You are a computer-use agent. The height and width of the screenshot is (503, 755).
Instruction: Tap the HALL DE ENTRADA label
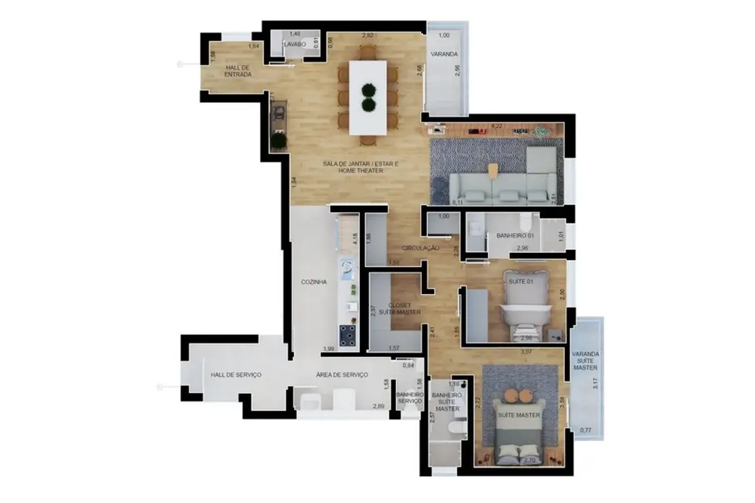pos(238,71)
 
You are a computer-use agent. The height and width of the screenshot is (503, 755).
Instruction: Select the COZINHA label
pos(313,282)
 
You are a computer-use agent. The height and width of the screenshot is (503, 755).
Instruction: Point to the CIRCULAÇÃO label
pos(421,248)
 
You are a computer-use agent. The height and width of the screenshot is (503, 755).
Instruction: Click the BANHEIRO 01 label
pos(515,235)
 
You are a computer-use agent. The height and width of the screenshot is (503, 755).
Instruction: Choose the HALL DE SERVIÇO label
pos(236,375)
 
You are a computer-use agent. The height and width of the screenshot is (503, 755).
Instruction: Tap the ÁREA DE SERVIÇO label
pos(341,375)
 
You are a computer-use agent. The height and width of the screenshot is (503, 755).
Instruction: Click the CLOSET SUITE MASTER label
pos(404,309)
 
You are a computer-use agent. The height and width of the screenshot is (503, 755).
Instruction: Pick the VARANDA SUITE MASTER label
pos(586,361)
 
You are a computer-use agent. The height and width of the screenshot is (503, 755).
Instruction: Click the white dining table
pos(369,97)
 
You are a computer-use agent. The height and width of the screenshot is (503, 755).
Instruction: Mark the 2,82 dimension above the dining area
pos(368,36)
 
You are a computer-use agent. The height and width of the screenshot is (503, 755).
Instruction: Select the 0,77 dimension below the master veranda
pos(586,429)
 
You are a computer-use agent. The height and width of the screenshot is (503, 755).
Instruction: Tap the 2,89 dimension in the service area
pos(378,406)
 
